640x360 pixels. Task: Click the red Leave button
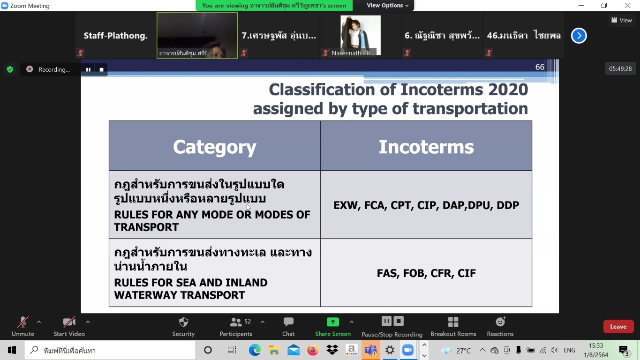(618, 327)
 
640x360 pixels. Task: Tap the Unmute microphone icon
(23, 322)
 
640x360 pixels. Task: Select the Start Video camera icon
(69, 322)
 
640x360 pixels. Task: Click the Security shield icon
(183, 322)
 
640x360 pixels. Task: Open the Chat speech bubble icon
(288, 322)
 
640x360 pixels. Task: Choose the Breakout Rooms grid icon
(453, 322)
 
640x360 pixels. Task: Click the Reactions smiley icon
(500, 322)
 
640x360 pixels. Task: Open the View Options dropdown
(387, 6)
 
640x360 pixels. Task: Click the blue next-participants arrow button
(579, 36)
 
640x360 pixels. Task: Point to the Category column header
(215, 147)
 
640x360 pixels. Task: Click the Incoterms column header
(426, 147)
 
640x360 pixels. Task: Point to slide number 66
(540, 67)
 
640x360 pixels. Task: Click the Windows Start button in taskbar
(12, 350)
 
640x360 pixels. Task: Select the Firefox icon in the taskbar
(313, 350)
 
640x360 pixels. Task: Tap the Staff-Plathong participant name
(115, 36)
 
